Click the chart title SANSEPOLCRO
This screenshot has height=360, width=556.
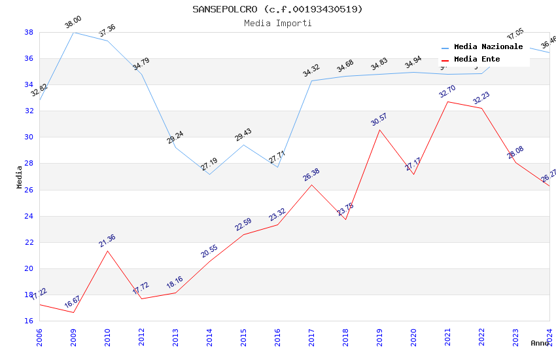[x=277, y=9]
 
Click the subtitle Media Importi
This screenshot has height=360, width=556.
[x=277, y=23]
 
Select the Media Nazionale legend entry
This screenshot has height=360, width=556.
[x=488, y=46]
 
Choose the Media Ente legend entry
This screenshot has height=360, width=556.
[x=477, y=59]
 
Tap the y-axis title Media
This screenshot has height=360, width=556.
[x=20, y=177]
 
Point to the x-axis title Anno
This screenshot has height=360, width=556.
[x=540, y=343]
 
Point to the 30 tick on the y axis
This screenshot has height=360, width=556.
[x=29, y=137]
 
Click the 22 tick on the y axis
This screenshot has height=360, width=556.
[x=29, y=242]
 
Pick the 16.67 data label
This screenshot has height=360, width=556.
[x=73, y=302]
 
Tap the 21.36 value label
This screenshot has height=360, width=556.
[x=107, y=241]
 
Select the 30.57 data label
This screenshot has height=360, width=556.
[x=379, y=120]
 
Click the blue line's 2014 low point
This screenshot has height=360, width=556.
[x=209, y=174]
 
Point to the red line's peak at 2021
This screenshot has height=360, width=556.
[x=447, y=101]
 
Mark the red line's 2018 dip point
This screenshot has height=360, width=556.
[x=345, y=219]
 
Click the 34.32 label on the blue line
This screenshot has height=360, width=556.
[x=311, y=71]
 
